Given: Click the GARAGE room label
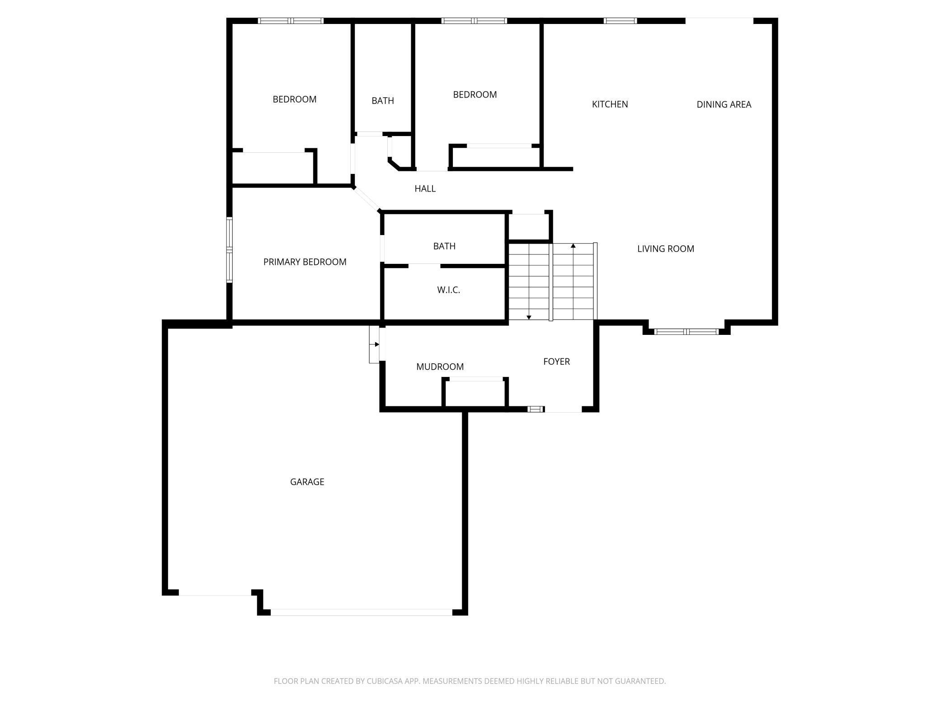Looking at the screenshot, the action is coord(307,482).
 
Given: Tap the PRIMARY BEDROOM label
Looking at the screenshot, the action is coord(305,262).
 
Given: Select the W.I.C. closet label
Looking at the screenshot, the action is coord(448,290).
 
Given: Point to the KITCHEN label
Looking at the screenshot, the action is coord(610,104).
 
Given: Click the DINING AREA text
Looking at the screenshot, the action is coord(724,104).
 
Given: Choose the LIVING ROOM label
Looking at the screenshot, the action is coord(665,249).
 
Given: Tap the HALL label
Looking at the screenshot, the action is coord(425,188).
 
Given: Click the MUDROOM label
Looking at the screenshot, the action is coord(440,367).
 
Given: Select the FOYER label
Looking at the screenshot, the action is coord(556,362).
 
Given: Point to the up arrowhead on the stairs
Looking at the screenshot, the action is coord(573,246).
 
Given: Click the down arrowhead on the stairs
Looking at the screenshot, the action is coord(529,317).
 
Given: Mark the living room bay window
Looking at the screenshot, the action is coord(686,332).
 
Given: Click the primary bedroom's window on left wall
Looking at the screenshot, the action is coord(230,250).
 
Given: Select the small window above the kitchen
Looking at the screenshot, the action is coord(620,21).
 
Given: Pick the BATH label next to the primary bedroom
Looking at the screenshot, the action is coord(444,246).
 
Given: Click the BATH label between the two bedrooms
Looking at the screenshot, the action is coord(382,101).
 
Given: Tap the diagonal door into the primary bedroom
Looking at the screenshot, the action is coord(367,199).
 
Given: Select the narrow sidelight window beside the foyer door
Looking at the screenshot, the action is coord(536,409).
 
